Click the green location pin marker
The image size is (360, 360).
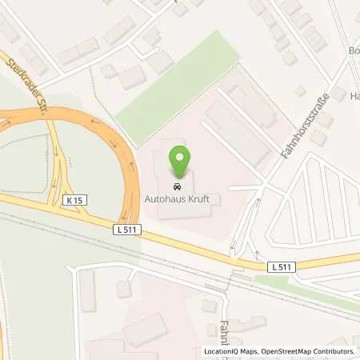[x=183, y=163]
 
